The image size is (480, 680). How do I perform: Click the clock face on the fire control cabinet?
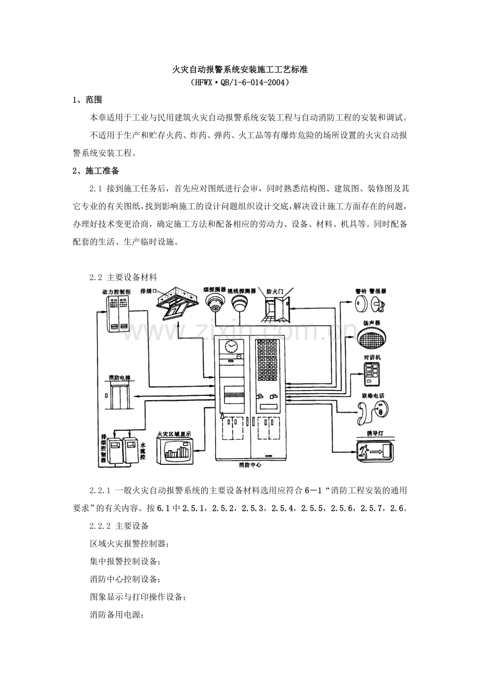click(231, 346)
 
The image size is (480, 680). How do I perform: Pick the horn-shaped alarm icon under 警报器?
click(378, 303)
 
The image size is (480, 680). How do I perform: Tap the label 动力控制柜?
click(116, 292)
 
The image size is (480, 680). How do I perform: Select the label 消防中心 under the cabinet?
click(250, 465)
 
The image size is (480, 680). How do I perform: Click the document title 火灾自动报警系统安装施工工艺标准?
click(240, 69)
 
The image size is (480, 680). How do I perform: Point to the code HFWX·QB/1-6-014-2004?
click(240, 83)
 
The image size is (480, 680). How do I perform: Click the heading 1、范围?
click(87, 100)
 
